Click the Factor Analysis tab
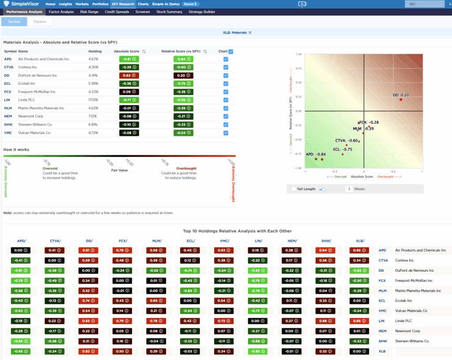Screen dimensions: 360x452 (x=61, y=12)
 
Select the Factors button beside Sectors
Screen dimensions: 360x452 (x=40, y=22)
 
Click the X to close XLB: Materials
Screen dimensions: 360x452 (x=250, y=33)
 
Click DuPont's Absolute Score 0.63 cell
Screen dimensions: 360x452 (x=129, y=75)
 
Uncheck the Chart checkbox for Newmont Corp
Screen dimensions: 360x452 (x=226, y=116)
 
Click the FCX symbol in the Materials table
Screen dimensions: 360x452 (x=8, y=92)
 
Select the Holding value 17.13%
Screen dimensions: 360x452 (x=93, y=100)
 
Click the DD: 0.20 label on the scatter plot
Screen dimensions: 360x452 (x=401, y=95)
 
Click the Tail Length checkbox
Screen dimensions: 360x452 (x=294, y=189)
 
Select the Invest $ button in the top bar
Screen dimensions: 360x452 (x=190, y=4)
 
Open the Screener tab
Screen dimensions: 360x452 (x=143, y=12)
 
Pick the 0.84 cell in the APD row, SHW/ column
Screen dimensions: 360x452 (x=325, y=250)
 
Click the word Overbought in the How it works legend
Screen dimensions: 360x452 (x=186, y=169)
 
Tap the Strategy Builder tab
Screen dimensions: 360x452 (x=202, y=12)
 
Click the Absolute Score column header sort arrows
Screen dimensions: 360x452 (x=144, y=52)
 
